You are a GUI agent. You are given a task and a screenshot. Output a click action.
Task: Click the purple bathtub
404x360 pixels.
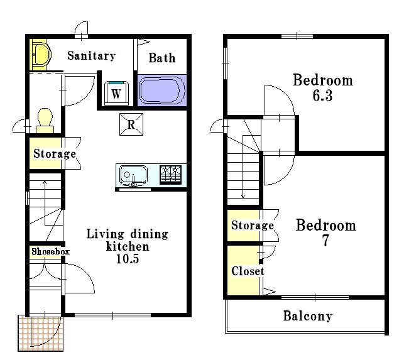162,90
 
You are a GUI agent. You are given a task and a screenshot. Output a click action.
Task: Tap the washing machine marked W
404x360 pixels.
116,93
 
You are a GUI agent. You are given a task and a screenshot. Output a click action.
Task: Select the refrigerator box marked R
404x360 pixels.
131,124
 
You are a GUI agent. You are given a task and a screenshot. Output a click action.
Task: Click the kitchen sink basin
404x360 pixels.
133,175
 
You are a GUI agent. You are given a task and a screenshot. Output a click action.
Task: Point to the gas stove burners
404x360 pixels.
170,175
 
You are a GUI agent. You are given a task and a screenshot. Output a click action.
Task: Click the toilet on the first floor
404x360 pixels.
45,121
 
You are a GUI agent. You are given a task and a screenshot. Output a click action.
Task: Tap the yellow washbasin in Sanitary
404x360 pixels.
41,55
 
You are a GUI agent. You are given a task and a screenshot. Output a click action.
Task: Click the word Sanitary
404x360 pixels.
92,56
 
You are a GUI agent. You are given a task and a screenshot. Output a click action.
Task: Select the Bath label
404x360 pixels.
162,58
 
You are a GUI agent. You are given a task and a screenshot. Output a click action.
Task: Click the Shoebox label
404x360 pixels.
50,251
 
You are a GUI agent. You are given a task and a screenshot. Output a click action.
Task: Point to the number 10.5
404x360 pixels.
128,259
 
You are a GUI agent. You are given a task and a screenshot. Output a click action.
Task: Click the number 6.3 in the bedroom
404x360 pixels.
322,95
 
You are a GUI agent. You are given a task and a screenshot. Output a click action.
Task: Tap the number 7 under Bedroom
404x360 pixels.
326,241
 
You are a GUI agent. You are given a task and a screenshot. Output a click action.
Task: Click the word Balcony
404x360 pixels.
308,316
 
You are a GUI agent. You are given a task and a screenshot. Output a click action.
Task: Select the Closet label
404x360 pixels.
248,271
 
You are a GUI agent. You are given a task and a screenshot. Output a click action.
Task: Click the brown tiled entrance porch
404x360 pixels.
40,333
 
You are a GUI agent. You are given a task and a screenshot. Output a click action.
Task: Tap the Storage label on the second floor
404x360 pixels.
253,225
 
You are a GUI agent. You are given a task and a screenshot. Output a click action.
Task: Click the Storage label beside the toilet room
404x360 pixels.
55,153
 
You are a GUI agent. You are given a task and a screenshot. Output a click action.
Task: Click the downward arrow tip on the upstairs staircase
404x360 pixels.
243,198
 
